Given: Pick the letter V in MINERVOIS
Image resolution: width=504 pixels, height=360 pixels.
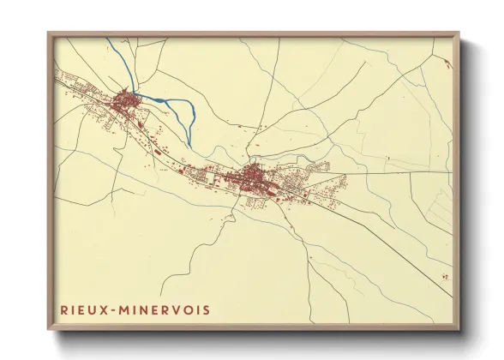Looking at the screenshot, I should pyautogui.click(x=175, y=308).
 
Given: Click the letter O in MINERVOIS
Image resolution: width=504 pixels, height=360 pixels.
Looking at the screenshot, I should pyautogui.click(x=188, y=308).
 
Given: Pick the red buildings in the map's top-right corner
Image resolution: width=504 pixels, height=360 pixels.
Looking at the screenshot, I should pyautogui.click(x=447, y=63).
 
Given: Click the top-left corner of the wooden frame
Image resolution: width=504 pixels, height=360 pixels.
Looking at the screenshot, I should pyautogui.click(x=48, y=33).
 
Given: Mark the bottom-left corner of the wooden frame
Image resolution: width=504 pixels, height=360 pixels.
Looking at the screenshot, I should pyautogui.click(x=48, y=329).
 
